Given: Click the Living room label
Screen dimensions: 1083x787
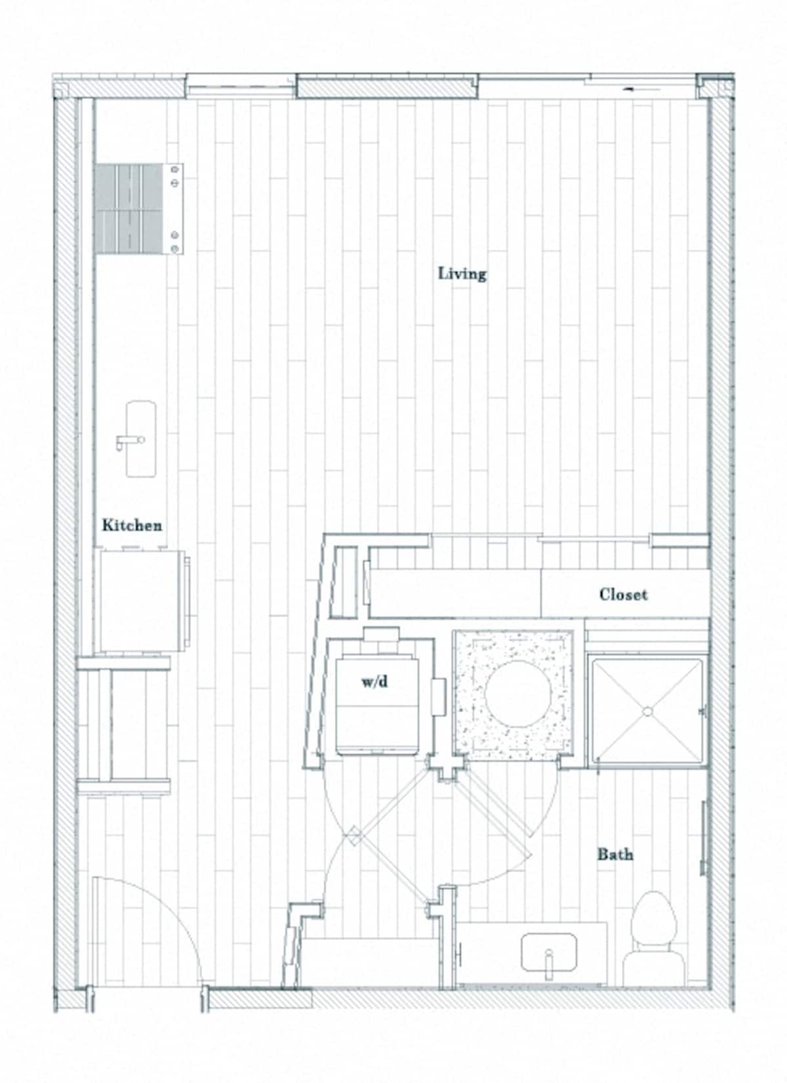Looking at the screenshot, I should coord(462,273).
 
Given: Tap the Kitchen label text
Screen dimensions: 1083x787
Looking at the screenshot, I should coord(132,525).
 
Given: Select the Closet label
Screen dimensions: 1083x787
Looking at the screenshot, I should coord(623,595).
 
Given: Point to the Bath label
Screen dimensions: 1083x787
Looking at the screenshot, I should coord(615,854).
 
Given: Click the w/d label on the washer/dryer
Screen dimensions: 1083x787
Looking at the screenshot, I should coord(374,682).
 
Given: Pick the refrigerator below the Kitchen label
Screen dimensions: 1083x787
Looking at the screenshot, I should coord(141,601).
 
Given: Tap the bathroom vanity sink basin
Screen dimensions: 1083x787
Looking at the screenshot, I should coord(549,952).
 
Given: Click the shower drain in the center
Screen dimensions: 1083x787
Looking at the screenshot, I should coord(647,711).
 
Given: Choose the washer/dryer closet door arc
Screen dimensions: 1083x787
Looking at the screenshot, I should coord(334,814).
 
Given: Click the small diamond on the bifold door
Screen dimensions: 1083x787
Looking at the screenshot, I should coord(355,836).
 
